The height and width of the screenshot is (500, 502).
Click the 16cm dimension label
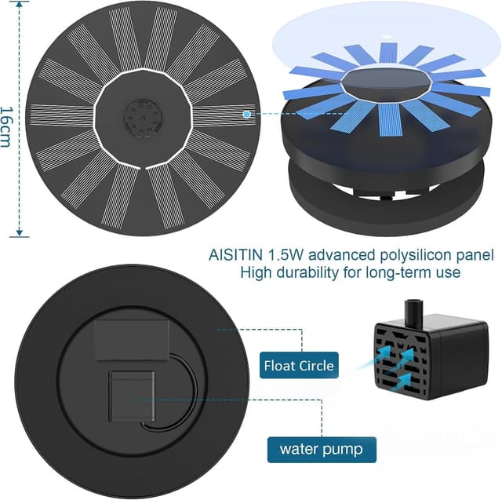(x=6, y=127)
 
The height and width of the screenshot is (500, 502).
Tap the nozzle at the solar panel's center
(x=143, y=117)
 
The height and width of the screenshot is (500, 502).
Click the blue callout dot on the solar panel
(x=246, y=114)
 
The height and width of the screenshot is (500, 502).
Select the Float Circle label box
(x=299, y=365)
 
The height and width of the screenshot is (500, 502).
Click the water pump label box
(x=322, y=450)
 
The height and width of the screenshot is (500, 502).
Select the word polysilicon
(x=416, y=256)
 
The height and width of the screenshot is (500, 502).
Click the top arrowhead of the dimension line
(x=20, y=4)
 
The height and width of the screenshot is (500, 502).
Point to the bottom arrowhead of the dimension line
(x=20, y=233)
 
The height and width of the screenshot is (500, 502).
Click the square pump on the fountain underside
(x=132, y=396)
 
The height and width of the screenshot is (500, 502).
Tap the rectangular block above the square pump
(x=132, y=340)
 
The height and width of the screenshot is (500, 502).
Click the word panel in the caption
(x=475, y=255)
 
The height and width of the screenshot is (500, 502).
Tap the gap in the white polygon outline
(x=143, y=167)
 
